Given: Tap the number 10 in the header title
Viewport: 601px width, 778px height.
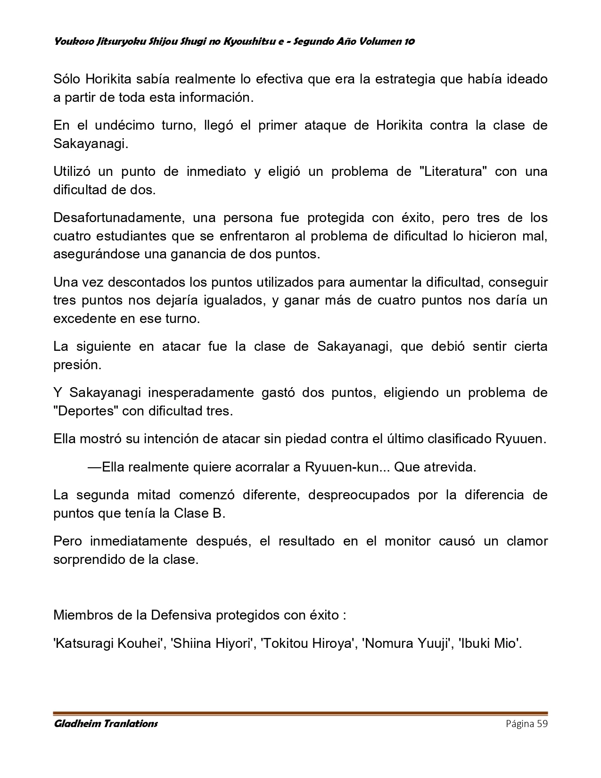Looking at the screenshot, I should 409,41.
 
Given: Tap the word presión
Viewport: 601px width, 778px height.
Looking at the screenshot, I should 76,365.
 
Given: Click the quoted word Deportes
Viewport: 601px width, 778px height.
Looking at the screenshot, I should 86,411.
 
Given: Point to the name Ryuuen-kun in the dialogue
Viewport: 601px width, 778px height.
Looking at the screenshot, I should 342,467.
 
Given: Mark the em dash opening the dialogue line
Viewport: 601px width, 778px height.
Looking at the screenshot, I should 94,467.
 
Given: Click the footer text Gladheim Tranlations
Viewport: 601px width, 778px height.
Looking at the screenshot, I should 106,724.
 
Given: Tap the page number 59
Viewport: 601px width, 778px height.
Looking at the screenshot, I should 542,724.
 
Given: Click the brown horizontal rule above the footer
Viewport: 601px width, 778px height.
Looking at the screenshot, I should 300,713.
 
